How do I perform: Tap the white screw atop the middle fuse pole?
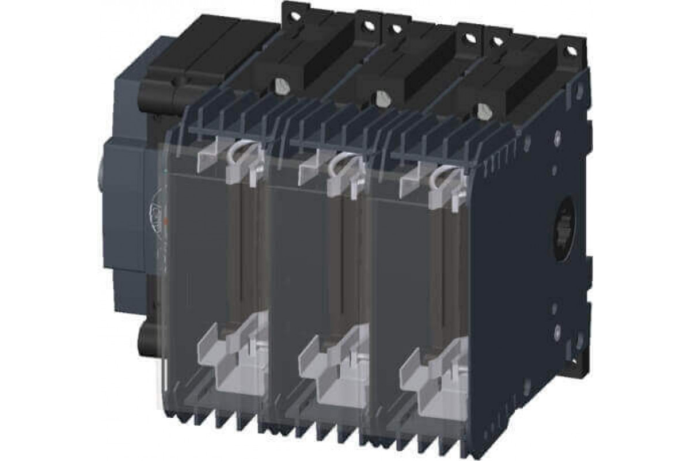click(x=379, y=97)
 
